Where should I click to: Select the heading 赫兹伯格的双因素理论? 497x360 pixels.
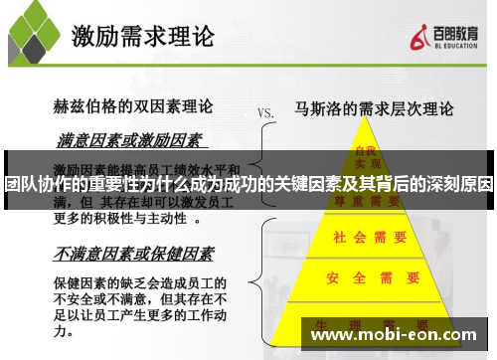coord(129,106)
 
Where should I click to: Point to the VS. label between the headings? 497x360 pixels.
coord(265,112)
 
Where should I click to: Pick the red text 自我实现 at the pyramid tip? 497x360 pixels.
coord(366,156)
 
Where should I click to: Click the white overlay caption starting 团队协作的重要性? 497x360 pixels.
coord(248,184)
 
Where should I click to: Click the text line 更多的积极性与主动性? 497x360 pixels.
coord(119,217)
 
